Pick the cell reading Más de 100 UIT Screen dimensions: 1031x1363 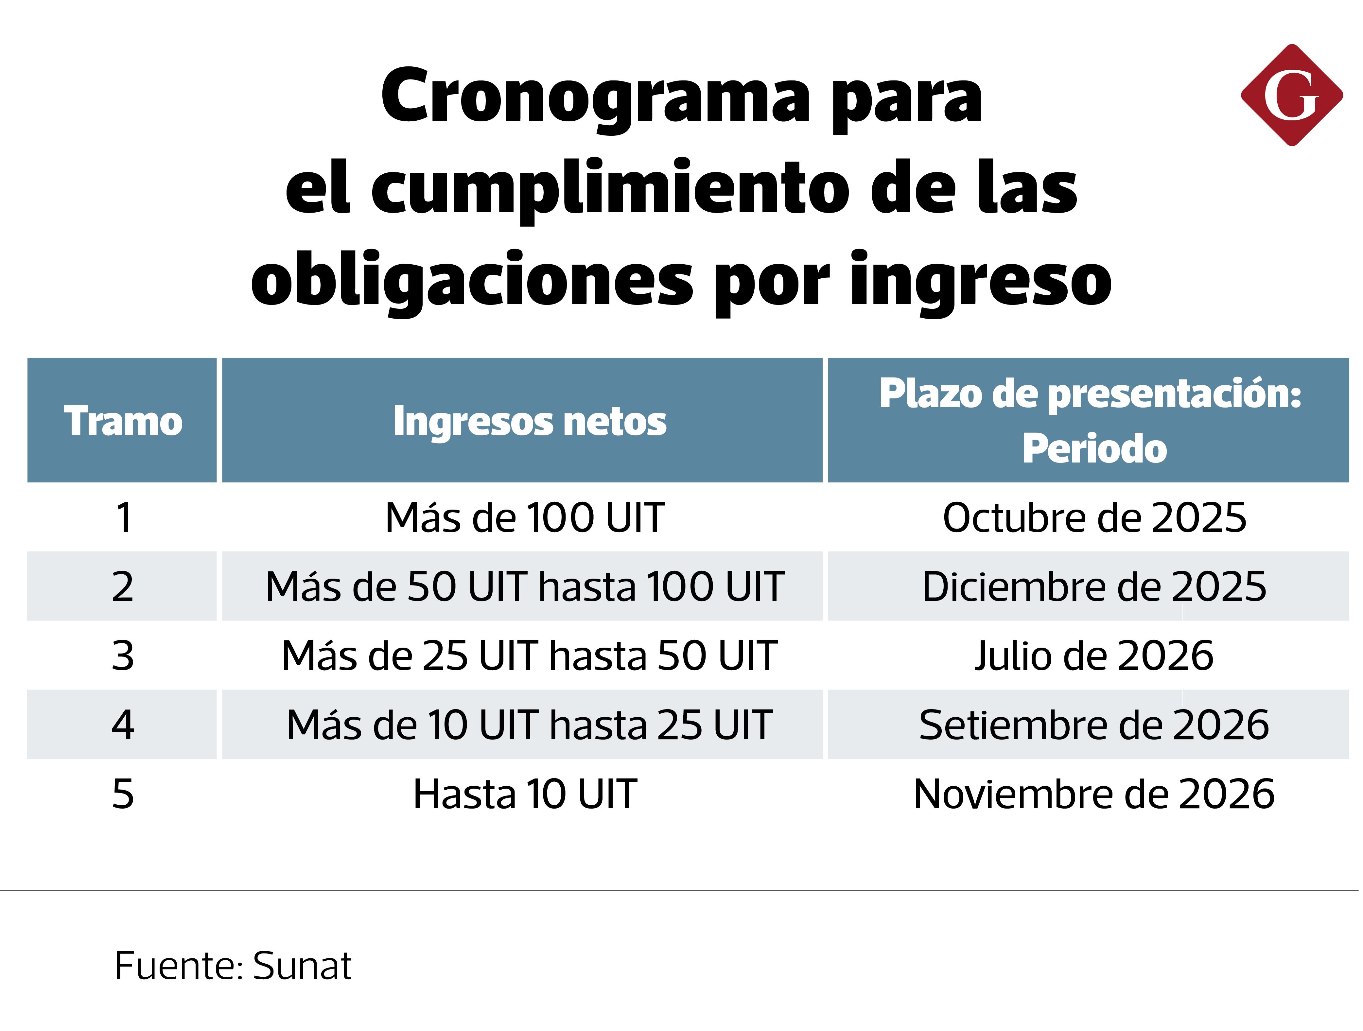point(525,518)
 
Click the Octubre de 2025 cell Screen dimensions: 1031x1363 point(1094,518)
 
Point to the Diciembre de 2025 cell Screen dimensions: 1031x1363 point(1094,587)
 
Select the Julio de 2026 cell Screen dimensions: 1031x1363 point(1094,656)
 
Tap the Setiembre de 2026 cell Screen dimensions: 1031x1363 point(1094,725)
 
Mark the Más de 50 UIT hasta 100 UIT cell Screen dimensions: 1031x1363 point(525,587)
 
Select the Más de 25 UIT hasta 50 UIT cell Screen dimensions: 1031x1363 point(529,656)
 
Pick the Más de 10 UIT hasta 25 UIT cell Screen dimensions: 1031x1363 point(529,725)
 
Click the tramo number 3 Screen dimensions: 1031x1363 point(123,656)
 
